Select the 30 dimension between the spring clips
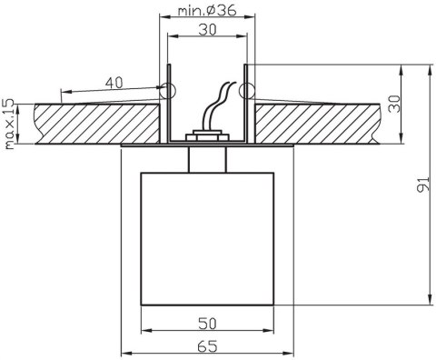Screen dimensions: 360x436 (208, 29)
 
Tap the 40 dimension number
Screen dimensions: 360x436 (114, 83)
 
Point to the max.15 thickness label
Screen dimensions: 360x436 (8, 124)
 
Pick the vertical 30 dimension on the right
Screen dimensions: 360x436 (394, 103)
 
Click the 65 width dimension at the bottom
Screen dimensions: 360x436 (209, 346)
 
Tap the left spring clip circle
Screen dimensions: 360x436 (166, 90)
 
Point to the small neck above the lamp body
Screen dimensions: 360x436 (207, 158)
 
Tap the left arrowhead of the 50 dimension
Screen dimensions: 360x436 (144, 333)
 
